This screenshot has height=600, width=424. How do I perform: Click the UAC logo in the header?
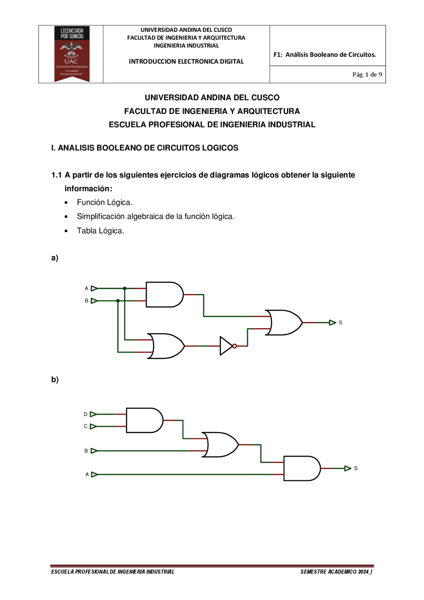coord(72,54)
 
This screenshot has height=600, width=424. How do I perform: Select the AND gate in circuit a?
coord(164,295)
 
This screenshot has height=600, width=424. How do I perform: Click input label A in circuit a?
coord(86,289)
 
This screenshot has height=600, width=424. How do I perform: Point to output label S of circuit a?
coord(340,323)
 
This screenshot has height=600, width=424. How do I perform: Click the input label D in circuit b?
coord(85,414)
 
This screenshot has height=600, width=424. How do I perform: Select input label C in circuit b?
coord(85,426)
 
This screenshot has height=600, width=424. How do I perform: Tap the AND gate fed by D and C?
coord(144,420)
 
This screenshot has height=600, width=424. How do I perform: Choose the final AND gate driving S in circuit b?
coord(301,468)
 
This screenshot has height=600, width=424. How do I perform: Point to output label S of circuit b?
coord(356,468)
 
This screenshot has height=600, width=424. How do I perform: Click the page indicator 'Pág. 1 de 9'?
coord(367,75)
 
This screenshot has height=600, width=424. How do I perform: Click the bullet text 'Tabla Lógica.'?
coord(100,231)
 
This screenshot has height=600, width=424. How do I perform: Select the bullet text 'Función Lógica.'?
coord(104,202)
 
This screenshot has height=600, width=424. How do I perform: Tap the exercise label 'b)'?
coord(55,380)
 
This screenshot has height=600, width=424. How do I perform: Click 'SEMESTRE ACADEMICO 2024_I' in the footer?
coord(336,572)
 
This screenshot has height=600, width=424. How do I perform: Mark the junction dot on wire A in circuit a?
coord(125,289)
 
